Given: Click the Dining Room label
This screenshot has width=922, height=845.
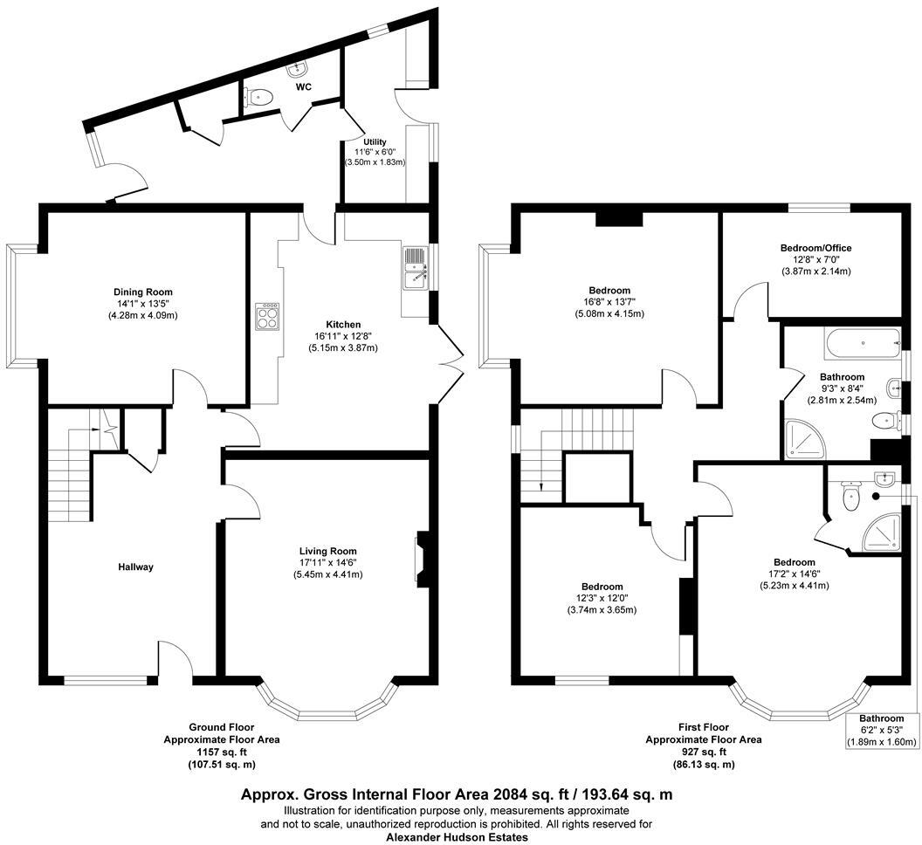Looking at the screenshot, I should coord(143,292).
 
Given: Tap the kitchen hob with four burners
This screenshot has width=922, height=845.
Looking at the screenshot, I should coord(267,315).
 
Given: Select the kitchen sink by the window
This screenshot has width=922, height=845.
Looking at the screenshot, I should coord(414,268).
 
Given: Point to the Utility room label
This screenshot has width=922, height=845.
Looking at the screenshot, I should coord(375,141).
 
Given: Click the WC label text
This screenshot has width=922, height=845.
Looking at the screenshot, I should coord(303,86).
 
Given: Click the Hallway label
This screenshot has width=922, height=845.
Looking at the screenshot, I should coord(135,567).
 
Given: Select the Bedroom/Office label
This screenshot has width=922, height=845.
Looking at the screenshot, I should coord(815,248).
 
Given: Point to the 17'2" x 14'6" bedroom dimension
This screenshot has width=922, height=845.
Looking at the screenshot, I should coord(794,574).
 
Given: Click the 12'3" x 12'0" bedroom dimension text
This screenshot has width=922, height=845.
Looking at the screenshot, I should coord(602,598).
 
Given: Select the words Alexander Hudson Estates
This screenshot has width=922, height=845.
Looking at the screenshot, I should coord(457,836).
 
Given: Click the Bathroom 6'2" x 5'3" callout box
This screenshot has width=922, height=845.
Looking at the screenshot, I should coord(881,731).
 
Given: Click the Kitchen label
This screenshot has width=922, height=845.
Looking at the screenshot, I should coord(337,324).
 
